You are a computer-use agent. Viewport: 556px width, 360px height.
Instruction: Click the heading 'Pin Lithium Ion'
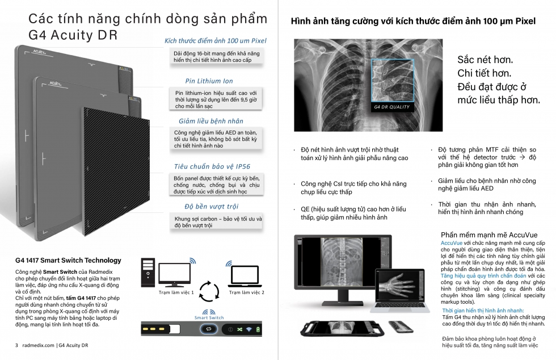click(x=209, y=81)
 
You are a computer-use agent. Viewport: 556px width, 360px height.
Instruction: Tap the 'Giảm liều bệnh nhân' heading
click(x=210, y=121)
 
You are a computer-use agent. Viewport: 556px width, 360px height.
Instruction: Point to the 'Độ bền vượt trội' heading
click(x=212, y=206)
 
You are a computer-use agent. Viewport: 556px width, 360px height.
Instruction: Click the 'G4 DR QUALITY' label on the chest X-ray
click(x=391, y=107)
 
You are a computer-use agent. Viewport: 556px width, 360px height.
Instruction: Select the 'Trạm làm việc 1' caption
click(x=176, y=292)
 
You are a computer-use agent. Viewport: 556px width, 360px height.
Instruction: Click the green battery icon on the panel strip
click(x=258, y=329)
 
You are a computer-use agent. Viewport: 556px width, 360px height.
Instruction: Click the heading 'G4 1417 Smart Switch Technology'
click(x=68, y=260)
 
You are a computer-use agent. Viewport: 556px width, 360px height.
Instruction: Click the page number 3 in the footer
click(x=17, y=345)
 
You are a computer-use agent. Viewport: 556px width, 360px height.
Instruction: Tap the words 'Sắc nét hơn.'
click(x=485, y=60)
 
